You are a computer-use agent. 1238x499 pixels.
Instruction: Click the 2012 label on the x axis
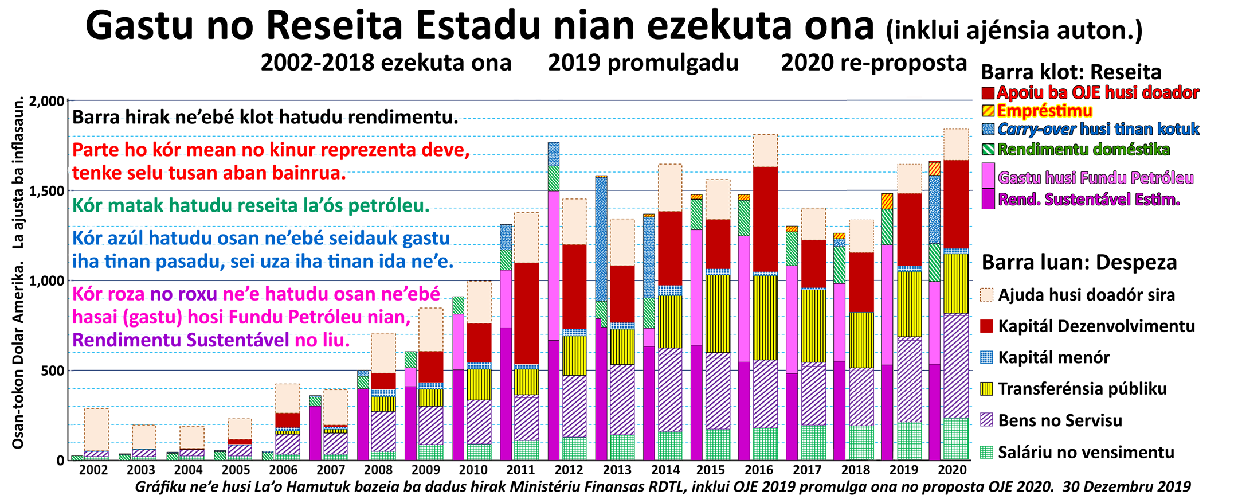[x=569, y=470]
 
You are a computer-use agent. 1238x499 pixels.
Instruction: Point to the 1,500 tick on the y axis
[x=49, y=191]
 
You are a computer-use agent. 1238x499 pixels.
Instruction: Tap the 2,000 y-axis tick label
[x=49, y=102]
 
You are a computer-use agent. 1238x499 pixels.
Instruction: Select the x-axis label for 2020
[x=952, y=470]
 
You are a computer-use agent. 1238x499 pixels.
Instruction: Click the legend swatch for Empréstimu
[x=988, y=111]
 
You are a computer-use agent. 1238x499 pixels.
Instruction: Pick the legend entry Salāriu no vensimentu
[x=1086, y=453]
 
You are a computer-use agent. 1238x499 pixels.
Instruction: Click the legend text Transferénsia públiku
[x=1082, y=389]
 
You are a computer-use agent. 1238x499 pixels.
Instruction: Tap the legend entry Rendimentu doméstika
[x=1083, y=150]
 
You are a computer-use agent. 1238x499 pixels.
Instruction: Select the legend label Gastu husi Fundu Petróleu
[x=1095, y=178]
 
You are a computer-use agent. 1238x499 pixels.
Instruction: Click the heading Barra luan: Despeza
[x=1079, y=263]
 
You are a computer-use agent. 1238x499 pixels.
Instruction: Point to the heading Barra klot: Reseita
[x=1071, y=72]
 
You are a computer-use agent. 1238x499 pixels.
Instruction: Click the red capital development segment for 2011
[x=526, y=313]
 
